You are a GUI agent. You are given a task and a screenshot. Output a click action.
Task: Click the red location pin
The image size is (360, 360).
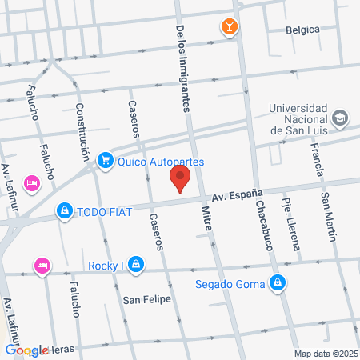[x=181, y=178]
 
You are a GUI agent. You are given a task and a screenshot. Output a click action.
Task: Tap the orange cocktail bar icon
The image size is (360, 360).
[x=230, y=27]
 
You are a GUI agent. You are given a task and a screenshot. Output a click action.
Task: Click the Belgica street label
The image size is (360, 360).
[x=302, y=30]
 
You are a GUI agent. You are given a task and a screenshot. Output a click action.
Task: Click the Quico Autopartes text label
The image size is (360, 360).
[x=160, y=162]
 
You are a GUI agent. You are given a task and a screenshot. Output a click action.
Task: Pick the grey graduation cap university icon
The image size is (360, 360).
[x=341, y=118]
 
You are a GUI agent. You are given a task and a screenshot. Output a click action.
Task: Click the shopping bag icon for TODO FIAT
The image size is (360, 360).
[x=63, y=211]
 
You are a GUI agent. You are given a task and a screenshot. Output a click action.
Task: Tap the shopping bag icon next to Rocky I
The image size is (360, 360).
[x=137, y=263]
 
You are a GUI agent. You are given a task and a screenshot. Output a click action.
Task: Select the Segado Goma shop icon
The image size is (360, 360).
[x=277, y=282]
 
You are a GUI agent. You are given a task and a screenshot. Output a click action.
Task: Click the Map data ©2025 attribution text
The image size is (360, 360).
[x=325, y=353]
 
